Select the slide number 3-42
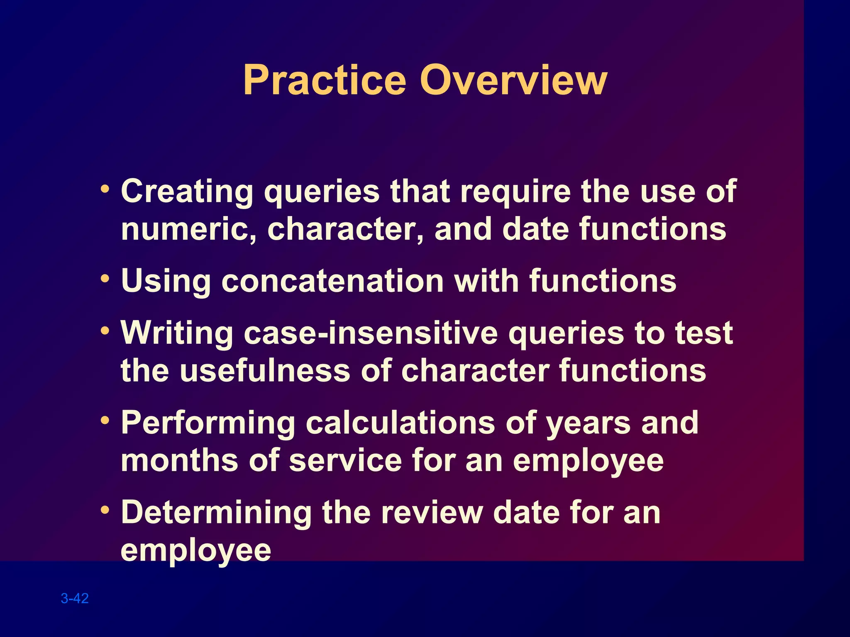[75, 598]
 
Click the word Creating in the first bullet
[187, 192]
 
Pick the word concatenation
[332, 281]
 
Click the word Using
[166, 281]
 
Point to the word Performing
[208, 423]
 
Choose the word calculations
[400, 423]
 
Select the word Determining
[216, 513]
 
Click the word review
[432, 513]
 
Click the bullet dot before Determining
[105, 509]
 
